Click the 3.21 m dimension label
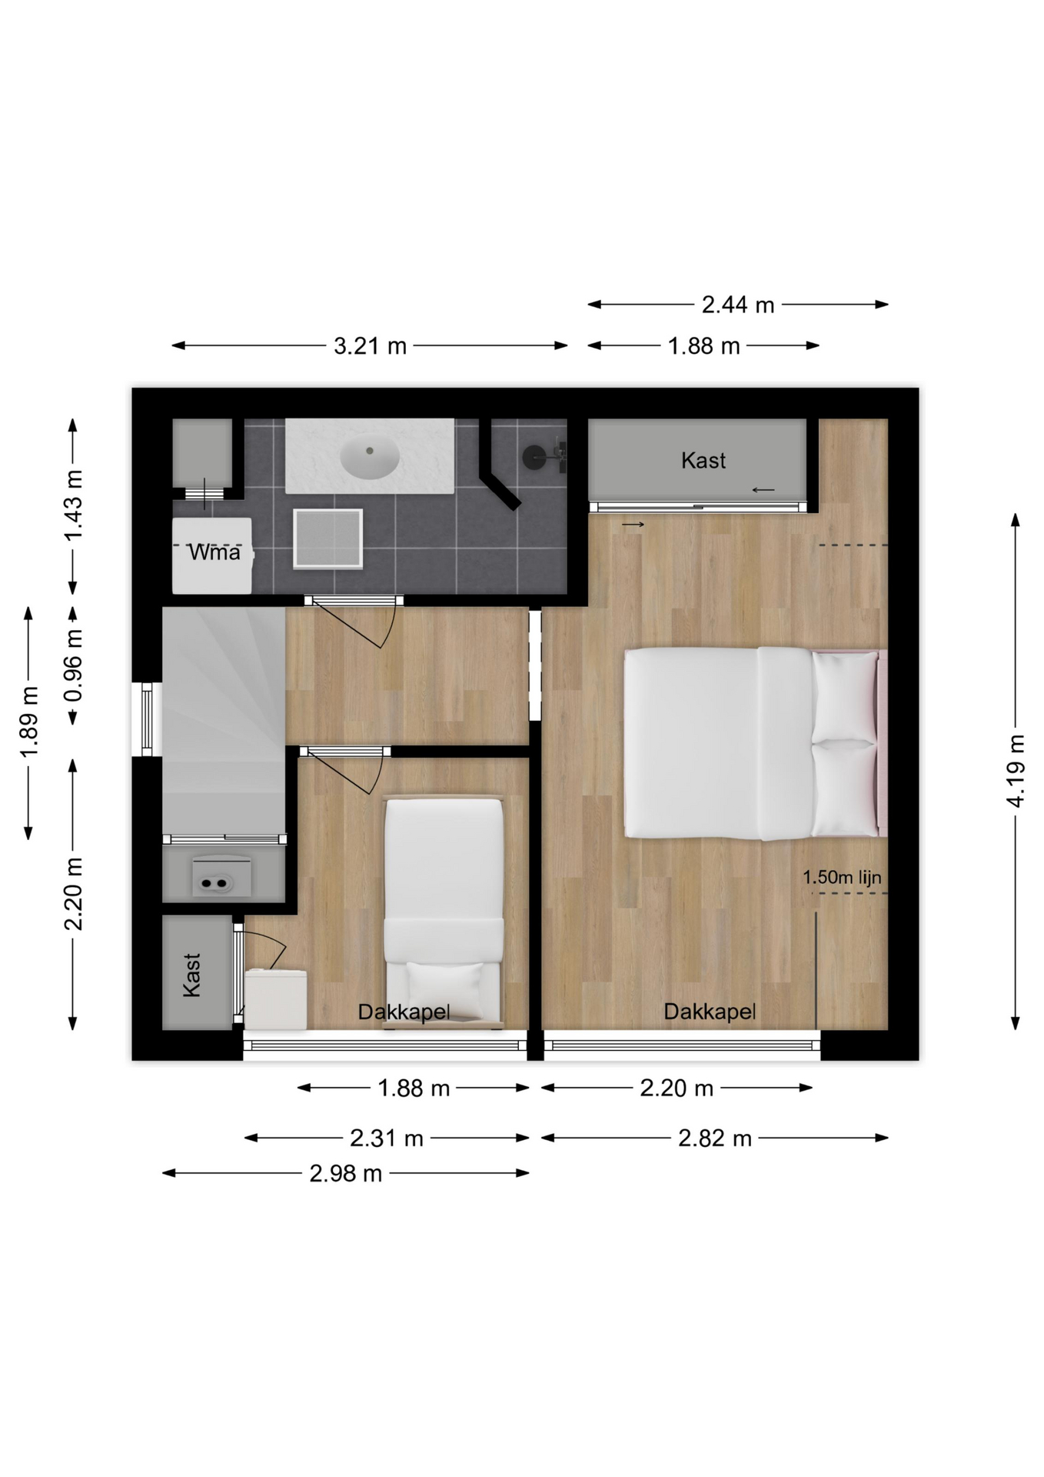click(370, 346)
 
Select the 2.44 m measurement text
click(738, 305)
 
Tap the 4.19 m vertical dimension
click(1016, 771)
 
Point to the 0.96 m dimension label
click(74, 666)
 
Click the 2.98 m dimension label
click(346, 1174)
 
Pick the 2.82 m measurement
click(715, 1139)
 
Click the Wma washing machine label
click(214, 552)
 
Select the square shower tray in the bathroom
click(327, 538)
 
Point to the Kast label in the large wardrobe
click(703, 461)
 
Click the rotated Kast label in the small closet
click(192, 975)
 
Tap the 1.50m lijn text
click(842, 877)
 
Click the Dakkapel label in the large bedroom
click(710, 1012)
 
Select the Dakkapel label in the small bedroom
click(404, 1012)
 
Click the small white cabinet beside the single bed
click(276, 999)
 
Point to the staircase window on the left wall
click(147, 719)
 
